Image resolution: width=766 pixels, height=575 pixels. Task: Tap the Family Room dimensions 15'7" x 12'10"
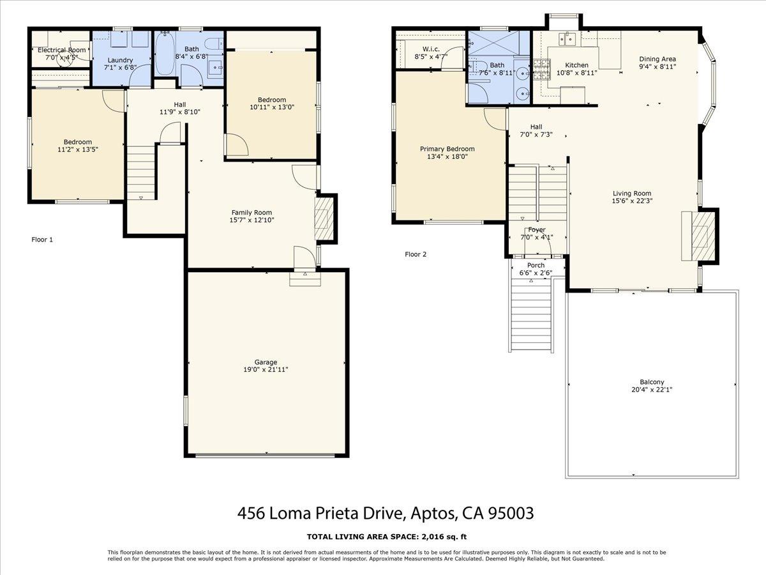tap(252, 220)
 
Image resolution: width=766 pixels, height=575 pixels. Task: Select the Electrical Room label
tap(61, 50)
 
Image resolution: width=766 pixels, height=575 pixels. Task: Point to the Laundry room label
tap(120, 60)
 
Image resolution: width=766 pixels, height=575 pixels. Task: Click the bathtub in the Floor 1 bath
tap(165, 54)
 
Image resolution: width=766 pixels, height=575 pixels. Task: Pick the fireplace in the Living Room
tap(700, 236)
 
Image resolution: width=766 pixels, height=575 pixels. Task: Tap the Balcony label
tap(652, 382)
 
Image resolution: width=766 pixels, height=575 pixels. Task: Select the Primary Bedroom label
tap(447, 149)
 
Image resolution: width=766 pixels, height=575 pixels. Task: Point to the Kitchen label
tap(576, 65)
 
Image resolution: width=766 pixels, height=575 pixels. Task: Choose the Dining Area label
tap(657, 59)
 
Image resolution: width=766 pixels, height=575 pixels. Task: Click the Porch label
tap(536, 265)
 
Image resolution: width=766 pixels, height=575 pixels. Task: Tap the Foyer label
tap(536, 229)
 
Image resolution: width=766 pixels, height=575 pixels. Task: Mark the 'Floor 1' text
tap(42, 240)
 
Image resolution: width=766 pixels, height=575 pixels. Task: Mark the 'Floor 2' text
tap(416, 254)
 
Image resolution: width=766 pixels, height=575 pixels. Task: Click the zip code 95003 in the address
tap(511, 513)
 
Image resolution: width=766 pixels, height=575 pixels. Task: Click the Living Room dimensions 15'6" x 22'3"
tap(632, 201)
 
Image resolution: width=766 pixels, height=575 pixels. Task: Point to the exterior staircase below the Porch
tap(531, 316)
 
